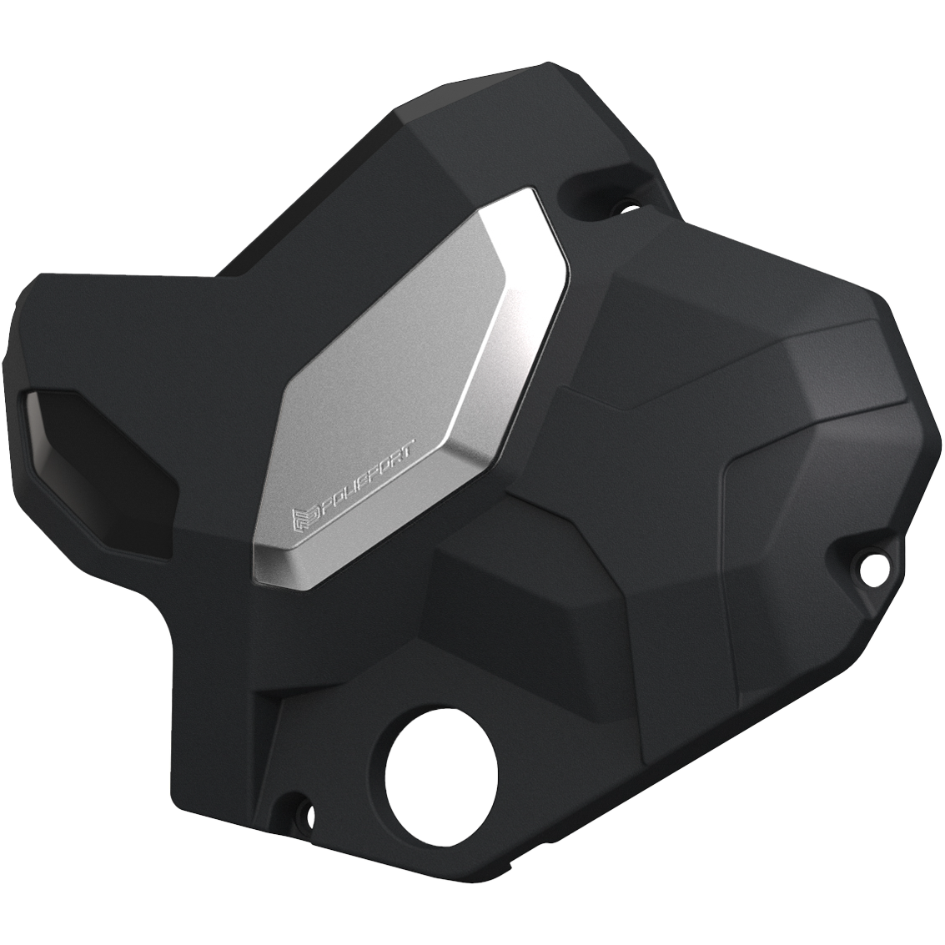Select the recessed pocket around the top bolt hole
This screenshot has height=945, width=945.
click(x=596, y=188)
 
